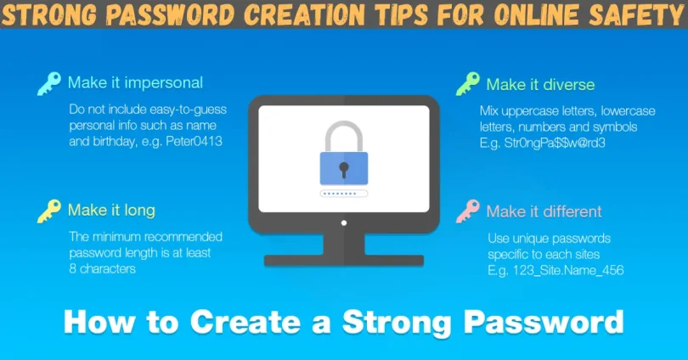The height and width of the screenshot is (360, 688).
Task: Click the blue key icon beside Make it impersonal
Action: point(48,83)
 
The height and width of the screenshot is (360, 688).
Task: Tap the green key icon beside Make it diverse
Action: point(468,83)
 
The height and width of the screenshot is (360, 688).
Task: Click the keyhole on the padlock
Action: point(343,168)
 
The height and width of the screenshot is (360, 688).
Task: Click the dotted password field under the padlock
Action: point(343,194)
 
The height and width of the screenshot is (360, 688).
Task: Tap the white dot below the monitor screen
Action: point(343,222)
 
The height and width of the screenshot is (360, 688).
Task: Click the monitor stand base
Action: point(343,260)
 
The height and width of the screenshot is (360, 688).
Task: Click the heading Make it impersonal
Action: point(135,83)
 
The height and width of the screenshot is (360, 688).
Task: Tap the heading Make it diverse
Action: point(540,84)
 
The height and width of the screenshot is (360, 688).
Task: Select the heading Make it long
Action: point(111,210)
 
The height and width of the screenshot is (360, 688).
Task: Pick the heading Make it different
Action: point(544,211)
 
